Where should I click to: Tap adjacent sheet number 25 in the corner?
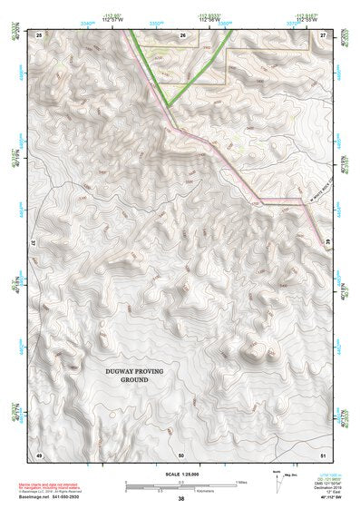tap(39, 34)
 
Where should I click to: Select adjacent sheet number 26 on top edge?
tap(181, 34)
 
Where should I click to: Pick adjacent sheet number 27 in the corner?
tap(324, 34)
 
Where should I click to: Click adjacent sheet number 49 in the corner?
tap(39, 453)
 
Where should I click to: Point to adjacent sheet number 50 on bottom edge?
tap(181, 453)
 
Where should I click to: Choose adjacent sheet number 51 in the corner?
tap(324, 453)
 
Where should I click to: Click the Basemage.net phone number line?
tap(55, 497)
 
